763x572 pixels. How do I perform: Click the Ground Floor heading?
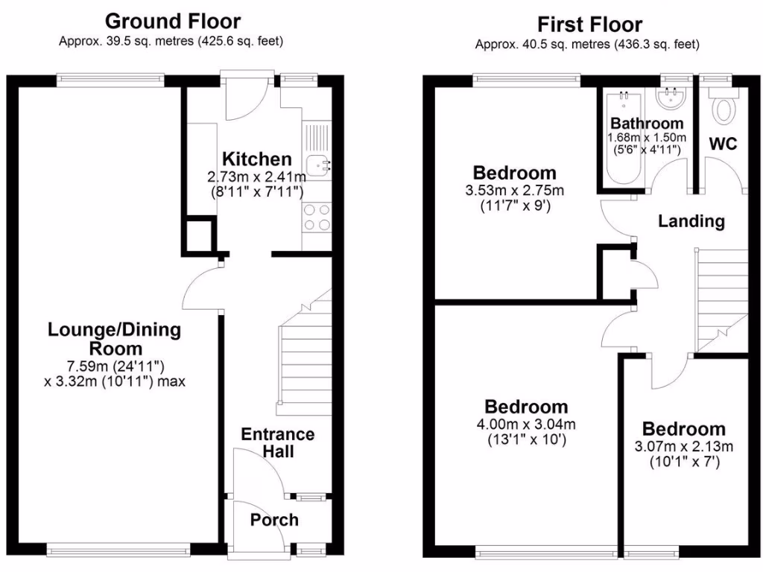point(172,20)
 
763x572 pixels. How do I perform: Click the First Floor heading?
point(589,24)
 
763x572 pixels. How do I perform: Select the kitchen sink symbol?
point(319,163)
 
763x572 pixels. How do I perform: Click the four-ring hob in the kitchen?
point(317,217)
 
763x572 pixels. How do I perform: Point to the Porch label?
point(273,520)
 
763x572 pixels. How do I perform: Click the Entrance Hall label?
point(277,442)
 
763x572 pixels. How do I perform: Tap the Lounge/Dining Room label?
point(114,339)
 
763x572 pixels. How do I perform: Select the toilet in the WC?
point(721,109)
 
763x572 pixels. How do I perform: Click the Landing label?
point(691,221)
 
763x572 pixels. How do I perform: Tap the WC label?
point(722,144)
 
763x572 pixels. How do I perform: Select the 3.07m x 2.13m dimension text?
point(683,447)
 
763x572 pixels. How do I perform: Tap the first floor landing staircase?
point(721,298)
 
